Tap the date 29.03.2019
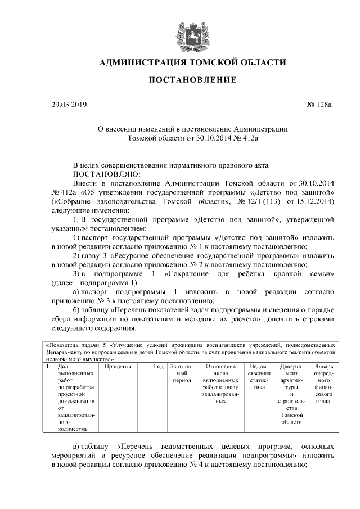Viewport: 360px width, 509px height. pos(66,105)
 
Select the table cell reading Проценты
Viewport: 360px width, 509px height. pos(118,367)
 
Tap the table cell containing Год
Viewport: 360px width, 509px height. pos(159,367)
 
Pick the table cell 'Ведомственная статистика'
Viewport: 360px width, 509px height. pos(259,377)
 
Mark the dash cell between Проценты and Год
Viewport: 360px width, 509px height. pos(145,367)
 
